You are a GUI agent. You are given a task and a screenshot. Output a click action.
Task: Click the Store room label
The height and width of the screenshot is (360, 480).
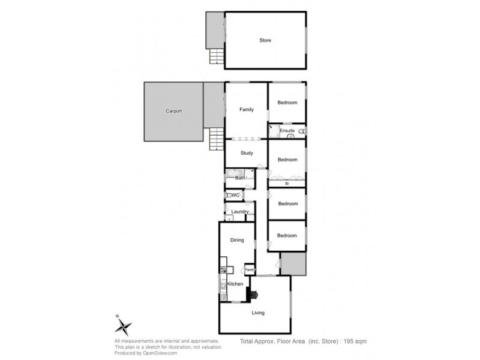265,41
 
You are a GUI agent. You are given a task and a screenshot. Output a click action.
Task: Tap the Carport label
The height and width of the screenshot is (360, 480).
173,111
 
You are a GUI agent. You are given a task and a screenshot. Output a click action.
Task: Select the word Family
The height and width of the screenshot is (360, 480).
246,110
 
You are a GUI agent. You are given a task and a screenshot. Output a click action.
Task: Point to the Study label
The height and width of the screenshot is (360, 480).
247,153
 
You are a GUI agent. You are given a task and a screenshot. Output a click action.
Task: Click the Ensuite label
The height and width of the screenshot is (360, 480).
287,130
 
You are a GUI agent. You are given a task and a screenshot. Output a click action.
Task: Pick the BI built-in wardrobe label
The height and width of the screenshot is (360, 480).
287,183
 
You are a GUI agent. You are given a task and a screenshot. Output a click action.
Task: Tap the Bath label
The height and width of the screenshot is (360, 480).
240,178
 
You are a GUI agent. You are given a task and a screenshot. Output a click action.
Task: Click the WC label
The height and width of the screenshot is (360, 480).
236,196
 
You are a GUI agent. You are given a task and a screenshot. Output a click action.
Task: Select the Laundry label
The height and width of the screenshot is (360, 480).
240,212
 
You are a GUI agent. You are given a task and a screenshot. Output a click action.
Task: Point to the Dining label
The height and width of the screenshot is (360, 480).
237,241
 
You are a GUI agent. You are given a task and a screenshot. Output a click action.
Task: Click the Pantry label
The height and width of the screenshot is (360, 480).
250,270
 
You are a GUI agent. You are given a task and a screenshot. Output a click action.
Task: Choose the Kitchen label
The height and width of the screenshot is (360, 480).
235,283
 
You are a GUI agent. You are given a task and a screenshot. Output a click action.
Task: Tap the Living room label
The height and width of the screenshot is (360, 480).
258,313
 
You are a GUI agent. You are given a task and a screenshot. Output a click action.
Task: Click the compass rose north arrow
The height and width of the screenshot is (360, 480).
124,326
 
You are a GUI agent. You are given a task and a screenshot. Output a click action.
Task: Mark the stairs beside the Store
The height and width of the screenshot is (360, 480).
216,56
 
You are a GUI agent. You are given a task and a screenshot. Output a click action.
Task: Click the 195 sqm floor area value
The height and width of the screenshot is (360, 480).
354,341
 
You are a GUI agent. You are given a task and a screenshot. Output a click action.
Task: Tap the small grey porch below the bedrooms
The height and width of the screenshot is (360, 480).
293,263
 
